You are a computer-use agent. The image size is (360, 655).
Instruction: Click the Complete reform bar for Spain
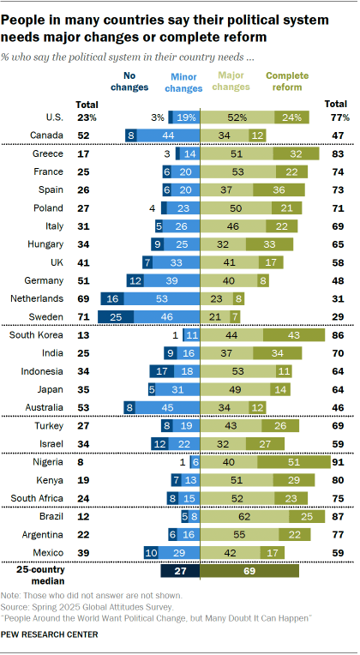[x=295, y=189]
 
